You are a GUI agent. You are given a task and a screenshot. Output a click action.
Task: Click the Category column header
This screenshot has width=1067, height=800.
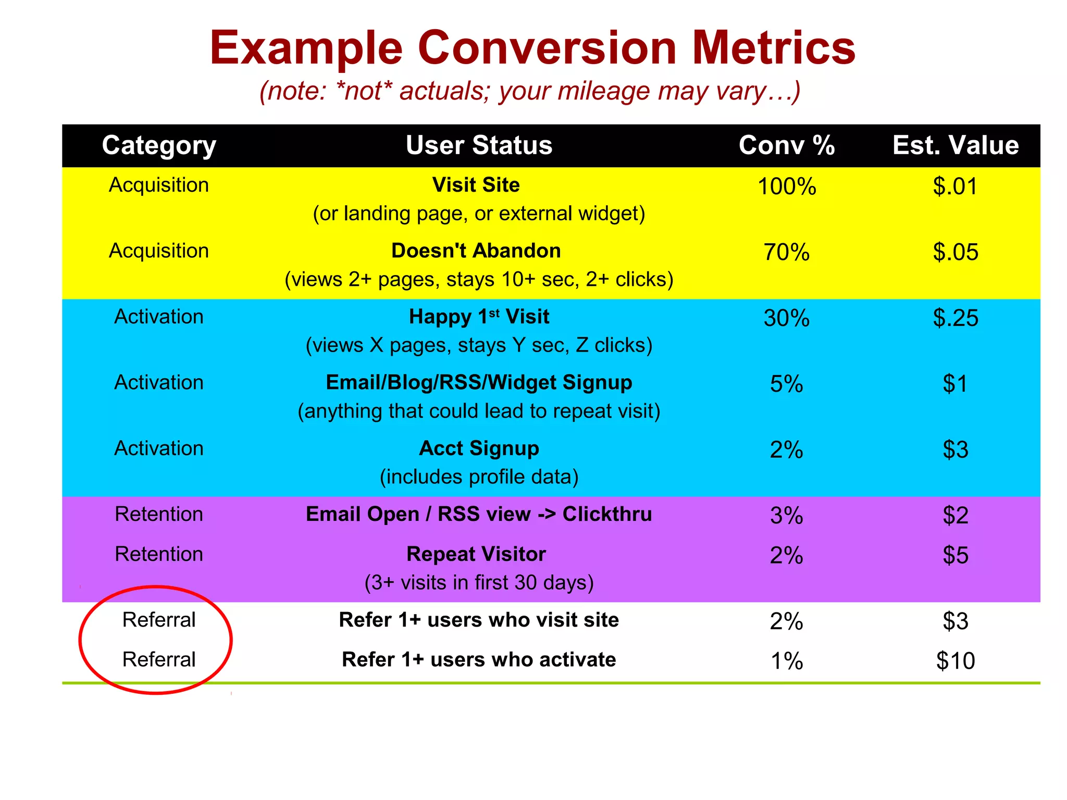pyautogui.click(x=159, y=145)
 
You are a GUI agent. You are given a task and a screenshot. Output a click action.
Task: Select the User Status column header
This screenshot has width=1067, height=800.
pyautogui.click(x=479, y=145)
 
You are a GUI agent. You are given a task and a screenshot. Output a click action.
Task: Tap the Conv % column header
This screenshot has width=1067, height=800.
pyautogui.click(x=787, y=145)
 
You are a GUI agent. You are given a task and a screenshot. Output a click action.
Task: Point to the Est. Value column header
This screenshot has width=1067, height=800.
pyautogui.click(x=956, y=145)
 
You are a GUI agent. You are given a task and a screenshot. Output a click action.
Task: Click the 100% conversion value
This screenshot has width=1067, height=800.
pyautogui.click(x=787, y=186)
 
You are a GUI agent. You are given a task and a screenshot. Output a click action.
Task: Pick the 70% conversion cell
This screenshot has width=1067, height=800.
pyautogui.click(x=787, y=252)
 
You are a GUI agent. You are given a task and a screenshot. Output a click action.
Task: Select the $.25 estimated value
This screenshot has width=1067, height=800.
pyautogui.click(x=956, y=318)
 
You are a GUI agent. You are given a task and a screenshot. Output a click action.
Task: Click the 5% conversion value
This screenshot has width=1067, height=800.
pyautogui.click(x=787, y=384)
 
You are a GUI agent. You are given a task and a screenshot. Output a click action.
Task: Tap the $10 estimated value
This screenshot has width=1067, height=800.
pyautogui.click(x=956, y=661)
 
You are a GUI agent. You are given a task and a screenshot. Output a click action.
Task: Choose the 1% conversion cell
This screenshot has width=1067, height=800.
pyautogui.click(x=787, y=661)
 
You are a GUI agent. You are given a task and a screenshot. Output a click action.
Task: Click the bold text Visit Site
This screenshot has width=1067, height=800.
pyautogui.click(x=476, y=185)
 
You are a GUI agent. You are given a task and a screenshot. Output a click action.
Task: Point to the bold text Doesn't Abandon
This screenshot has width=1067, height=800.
pyautogui.click(x=476, y=251)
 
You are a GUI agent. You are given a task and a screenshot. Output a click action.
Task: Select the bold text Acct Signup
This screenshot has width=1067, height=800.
pyautogui.click(x=479, y=448)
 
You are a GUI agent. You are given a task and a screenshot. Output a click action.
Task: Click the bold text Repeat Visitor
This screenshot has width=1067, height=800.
pyautogui.click(x=476, y=554)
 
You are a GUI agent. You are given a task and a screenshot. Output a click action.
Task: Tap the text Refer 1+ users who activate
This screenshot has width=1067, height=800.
pyautogui.click(x=479, y=660)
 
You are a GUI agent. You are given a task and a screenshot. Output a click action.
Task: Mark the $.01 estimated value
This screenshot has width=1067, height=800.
pyautogui.click(x=956, y=186)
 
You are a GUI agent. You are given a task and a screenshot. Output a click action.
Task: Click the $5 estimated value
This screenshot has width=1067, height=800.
pyautogui.click(x=956, y=555)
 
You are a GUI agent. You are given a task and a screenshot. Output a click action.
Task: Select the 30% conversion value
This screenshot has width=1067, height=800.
pyautogui.click(x=787, y=318)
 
